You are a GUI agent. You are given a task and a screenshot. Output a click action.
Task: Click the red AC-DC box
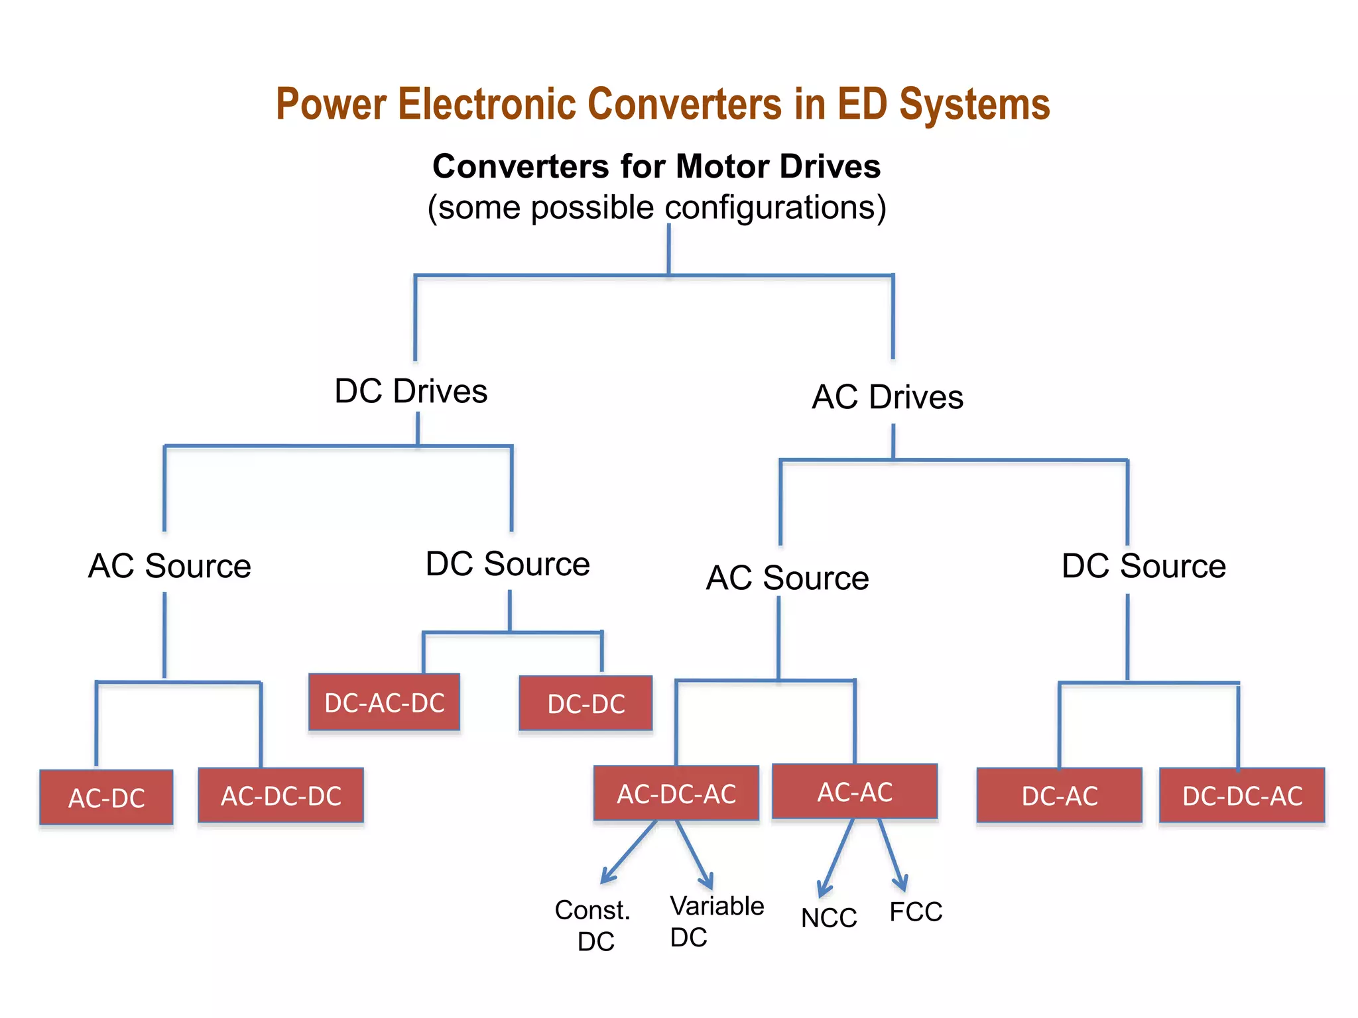106,797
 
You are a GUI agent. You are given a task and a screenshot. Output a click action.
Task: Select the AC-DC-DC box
280,795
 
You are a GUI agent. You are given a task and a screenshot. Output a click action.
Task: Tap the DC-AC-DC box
384,703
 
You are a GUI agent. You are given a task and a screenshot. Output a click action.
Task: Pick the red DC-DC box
586,703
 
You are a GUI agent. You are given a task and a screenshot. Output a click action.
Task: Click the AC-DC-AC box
676,793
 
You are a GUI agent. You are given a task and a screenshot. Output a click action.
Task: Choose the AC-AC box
855,791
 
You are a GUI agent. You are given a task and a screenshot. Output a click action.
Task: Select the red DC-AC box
1059,795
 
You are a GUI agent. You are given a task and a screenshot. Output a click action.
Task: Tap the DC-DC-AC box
1241,795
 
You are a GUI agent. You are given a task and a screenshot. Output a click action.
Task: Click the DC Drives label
410,391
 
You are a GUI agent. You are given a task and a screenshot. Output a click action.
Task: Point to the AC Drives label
887,397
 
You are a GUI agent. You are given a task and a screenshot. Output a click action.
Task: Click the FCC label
915,912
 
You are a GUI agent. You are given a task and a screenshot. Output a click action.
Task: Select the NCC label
828,918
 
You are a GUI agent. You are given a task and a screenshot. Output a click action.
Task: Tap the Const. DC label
593,925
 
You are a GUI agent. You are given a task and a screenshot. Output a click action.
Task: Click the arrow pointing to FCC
891,855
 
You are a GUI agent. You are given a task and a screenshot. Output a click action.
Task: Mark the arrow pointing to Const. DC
627,853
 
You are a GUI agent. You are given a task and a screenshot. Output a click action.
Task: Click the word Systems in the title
974,105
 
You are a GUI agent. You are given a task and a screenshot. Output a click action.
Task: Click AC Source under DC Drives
170,566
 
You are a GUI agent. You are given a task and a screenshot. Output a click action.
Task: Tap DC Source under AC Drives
1143,566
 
